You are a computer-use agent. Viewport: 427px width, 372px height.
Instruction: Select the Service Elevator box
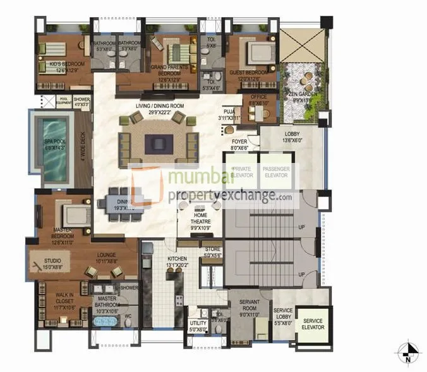[313, 325]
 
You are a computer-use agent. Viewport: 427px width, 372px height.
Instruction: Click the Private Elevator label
[243, 172]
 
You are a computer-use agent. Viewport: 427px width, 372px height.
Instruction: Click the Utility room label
[198, 325]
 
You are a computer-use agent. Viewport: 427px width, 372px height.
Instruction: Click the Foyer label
[241, 144]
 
